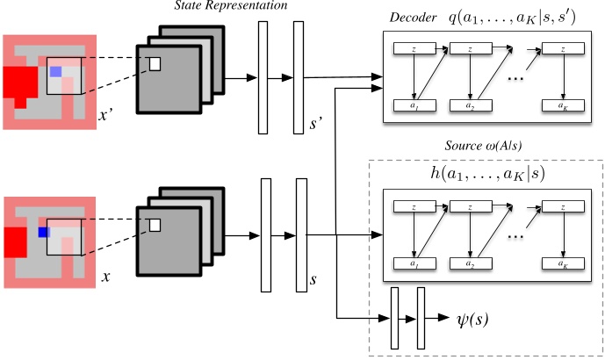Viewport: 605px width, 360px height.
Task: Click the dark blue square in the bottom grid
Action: pyautogui.click(x=41, y=232)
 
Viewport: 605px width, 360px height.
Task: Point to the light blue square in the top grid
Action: pyautogui.click(x=55, y=72)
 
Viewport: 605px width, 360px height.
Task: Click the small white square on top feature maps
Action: pyautogui.click(x=155, y=64)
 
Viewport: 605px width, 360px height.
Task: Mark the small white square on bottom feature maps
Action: pyautogui.click(x=155, y=225)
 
